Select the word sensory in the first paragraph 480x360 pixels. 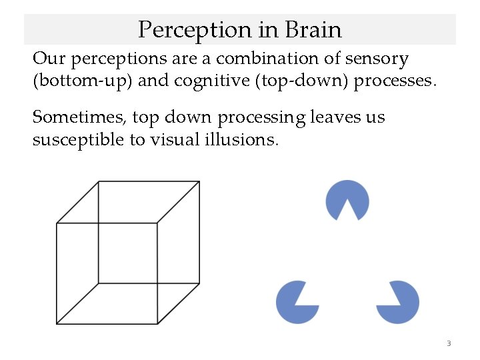click(x=377, y=59)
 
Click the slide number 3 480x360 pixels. click(x=449, y=344)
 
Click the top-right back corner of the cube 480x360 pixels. click(x=199, y=181)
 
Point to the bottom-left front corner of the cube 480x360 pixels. click(x=57, y=324)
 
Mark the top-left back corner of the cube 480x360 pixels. click(x=99, y=181)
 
